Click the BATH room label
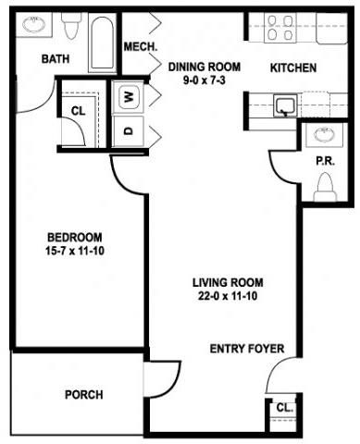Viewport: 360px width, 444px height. click(x=56, y=58)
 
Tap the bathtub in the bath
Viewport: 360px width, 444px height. click(x=103, y=43)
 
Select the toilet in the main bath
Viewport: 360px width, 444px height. click(x=71, y=25)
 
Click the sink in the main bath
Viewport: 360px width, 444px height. click(x=34, y=25)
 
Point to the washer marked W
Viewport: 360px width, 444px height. click(x=129, y=98)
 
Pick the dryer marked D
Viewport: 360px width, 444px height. click(x=129, y=130)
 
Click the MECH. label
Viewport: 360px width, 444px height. click(x=141, y=47)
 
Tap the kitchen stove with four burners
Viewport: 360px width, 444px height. click(x=280, y=28)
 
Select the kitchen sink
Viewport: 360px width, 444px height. click(x=285, y=106)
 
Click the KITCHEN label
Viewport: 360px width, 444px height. click(x=293, y=68)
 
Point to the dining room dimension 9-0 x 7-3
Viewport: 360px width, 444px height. click(x=205, y=80)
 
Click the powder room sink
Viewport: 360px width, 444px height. click(x=324, y=134)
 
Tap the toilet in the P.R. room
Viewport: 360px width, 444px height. click(x=325, y=187)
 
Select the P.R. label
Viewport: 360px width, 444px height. click(x=325, y=161)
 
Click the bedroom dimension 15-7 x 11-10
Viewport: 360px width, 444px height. click(x=75, y=251)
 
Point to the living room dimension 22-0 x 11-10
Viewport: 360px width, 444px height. click(x=228, y=296)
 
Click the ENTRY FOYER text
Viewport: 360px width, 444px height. click(x=247, y=349)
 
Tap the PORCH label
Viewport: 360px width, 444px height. click(x=84, y=395)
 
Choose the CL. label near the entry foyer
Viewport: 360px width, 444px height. click(x=284, y=408)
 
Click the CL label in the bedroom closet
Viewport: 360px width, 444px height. click(x=78, y=111)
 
